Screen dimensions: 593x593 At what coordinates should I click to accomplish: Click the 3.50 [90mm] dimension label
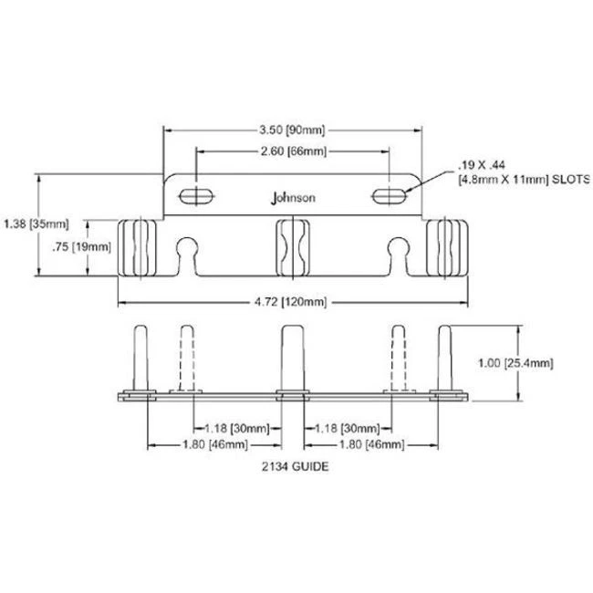click(x=292, y=130)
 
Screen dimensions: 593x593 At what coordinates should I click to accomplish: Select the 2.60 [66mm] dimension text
click(x=294, y=151)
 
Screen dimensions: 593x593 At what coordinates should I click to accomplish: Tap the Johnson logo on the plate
click(x=293, y=198)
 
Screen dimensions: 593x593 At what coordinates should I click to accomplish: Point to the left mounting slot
click(x=196, y=196)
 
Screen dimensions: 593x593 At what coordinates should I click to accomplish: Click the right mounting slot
click(x=390, y=196)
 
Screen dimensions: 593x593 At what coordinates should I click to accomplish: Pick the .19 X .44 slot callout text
click(x=482, y=165)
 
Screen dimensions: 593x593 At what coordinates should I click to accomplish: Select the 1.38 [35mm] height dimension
click(x=36, y=224)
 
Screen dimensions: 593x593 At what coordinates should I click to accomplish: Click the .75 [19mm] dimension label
click(x=82, y=247)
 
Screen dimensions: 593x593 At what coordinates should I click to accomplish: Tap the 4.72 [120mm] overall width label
click(x=290, y=302)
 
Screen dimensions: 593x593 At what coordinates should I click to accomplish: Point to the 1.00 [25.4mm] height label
click(x=515, y=363)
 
